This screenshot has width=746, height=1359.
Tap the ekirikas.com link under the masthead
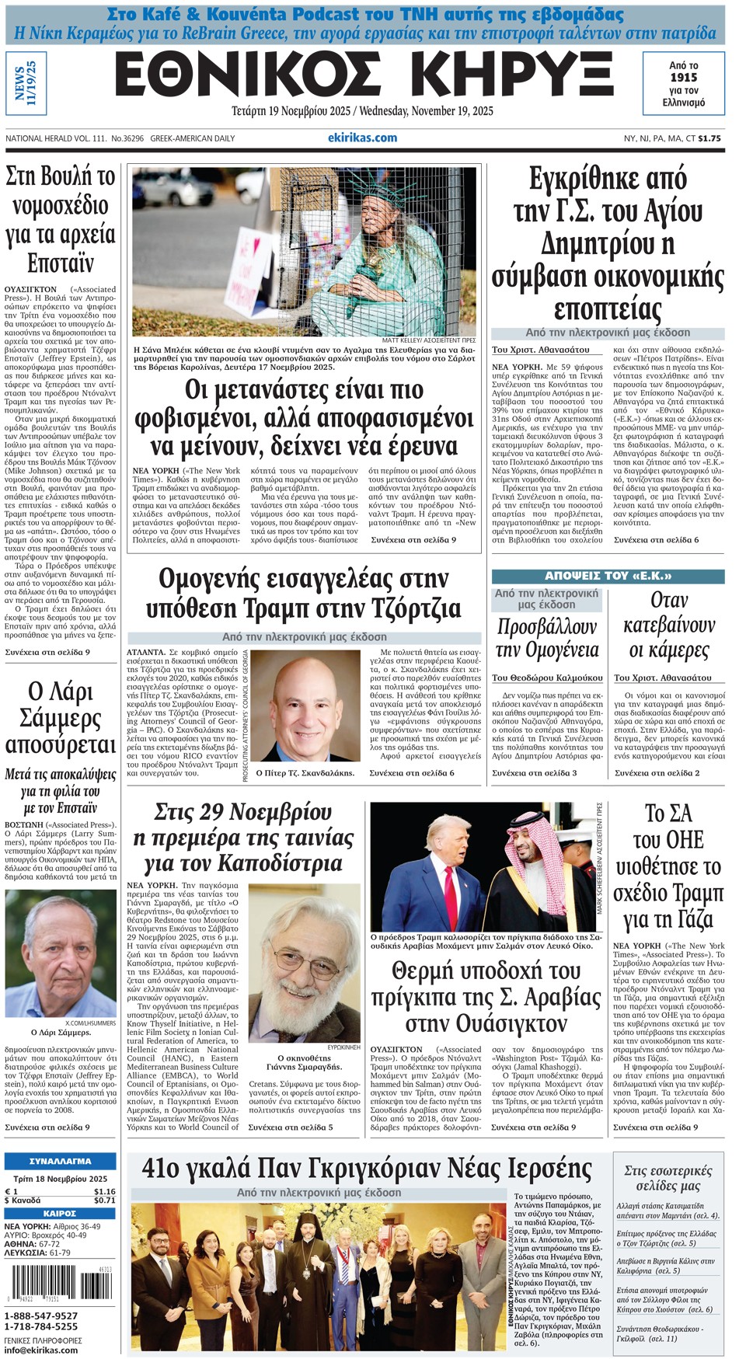(x=362, y=138)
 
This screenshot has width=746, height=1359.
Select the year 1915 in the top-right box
(x=683, y=78)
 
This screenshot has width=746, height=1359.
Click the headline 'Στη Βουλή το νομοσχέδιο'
(x=61, y=219)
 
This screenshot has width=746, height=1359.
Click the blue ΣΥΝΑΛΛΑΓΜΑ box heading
(x=60, y=1161)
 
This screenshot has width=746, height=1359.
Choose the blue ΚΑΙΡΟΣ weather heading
(x=60, y=1213)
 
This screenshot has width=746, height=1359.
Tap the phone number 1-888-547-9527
(x=41, y=1315)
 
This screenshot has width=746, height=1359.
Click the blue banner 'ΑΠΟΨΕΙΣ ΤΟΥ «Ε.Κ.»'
(x=608, y=577)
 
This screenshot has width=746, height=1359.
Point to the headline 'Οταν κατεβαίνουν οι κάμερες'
(x=668, y=625)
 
